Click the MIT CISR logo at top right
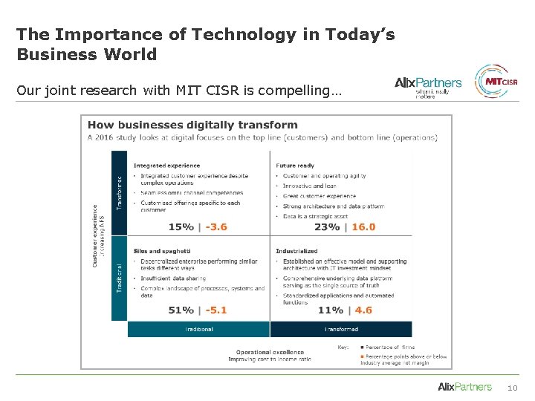496,82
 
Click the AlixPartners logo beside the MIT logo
428,85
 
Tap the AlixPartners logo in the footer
464,387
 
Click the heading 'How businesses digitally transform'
192,125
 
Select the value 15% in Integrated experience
181,227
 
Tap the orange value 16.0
363,227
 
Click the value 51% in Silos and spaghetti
181,310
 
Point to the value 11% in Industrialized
331,310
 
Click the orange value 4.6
363,310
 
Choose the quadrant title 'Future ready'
295,166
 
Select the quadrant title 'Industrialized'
296,251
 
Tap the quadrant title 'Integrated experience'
166,166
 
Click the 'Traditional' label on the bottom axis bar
198,329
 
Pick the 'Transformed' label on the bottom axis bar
341,329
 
